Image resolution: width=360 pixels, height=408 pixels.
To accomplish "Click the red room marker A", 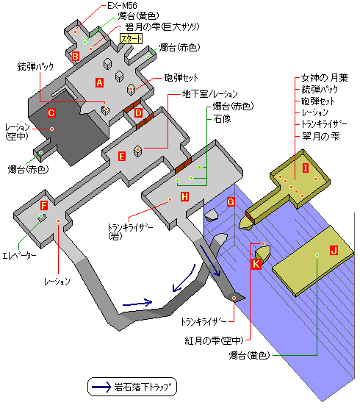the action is [x=99, y=83].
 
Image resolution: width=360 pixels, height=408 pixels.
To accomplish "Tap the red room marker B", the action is [x=76, y=56].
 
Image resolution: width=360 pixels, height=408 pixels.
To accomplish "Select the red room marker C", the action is [x=51, y=113].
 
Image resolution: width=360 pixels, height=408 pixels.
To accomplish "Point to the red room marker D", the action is [x=138, y=113].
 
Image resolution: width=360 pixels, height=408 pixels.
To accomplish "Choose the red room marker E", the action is [x=122, y=157].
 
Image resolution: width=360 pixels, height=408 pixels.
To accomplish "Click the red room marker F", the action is [x=44, y=205].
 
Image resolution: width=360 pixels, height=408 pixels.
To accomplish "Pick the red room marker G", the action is [x=231, y=202].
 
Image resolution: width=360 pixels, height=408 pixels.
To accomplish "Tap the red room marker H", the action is [x=184, y=196].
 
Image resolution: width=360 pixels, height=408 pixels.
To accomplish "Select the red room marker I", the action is [x=306, y=168].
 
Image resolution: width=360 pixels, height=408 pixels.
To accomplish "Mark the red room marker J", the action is [x=334, y=251].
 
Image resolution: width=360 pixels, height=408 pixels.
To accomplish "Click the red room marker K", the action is [x=256, y=264].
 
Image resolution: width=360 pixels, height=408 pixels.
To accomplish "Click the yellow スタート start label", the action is [x=131, y=39].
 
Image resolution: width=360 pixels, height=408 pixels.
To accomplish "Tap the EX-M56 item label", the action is [x=122, y=6].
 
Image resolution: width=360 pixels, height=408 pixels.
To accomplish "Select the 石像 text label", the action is [x=222, y=119].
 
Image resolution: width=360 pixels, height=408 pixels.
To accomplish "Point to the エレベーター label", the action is [x=19, y=256].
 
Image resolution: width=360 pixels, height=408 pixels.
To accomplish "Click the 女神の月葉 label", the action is [x=324, y=77].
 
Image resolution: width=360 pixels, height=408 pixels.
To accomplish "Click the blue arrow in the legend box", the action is [x=101, y=387].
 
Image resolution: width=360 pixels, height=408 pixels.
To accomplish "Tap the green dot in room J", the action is [x=317, y=254].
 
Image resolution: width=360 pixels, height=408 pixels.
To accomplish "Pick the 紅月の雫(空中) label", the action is [x=214, y=340].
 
